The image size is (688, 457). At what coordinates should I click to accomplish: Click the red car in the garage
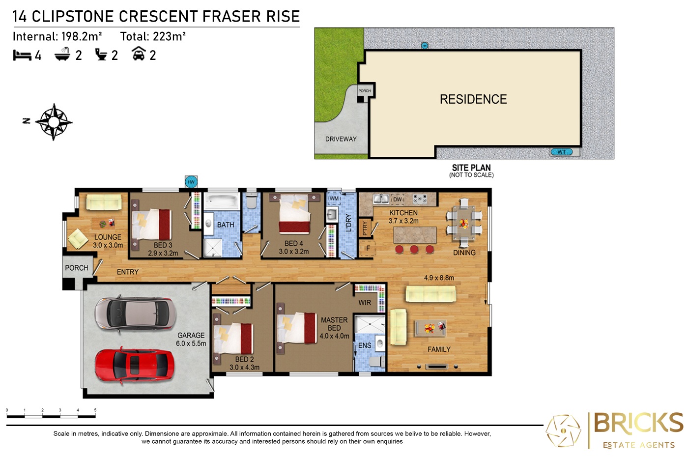pos(135,366)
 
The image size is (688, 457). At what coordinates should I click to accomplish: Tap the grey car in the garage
pos(135,314)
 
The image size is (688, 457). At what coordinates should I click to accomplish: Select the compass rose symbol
pos(54,122)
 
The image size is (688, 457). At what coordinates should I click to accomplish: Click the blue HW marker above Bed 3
pos(191,182)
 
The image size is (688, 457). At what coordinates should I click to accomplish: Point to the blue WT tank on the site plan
pos(561,152)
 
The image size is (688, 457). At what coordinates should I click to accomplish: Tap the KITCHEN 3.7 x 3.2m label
pos(403,217)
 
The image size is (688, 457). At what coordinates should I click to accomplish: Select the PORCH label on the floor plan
pos(77,268)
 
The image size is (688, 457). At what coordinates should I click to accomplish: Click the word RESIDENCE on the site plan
pos(473,99)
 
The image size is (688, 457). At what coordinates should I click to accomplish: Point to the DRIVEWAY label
pos(341,139)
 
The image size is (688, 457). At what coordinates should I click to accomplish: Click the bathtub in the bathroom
pos(222,201)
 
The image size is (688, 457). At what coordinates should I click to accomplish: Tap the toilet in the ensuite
pos(377,362)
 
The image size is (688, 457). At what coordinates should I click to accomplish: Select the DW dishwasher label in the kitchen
pos(398,200)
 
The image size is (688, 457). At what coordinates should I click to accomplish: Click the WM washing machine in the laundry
pos(334,199)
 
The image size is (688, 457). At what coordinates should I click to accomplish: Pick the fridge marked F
pos(368,248)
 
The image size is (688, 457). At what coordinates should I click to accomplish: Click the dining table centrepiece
pos(463,223)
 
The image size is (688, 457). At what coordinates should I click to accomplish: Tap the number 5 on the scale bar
pos(95,410)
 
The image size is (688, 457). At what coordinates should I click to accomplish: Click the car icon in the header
pos(139,54)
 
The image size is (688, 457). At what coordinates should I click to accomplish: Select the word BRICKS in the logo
pos(638,423)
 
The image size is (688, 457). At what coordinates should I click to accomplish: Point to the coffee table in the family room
pos(430,328)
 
